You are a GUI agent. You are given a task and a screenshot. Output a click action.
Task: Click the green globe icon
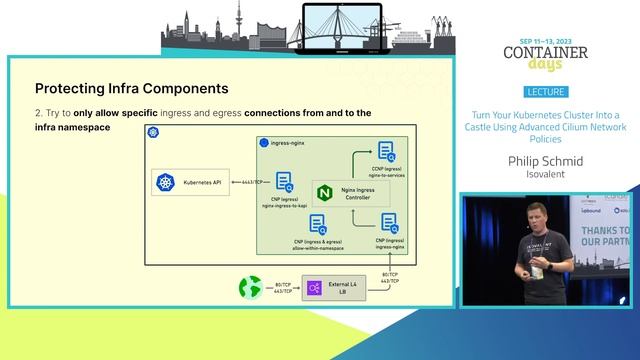(x=249, y=288)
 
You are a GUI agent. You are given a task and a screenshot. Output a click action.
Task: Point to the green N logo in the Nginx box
(x=324, y=191)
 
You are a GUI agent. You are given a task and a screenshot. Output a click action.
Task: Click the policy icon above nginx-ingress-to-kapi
(x=285, y=181)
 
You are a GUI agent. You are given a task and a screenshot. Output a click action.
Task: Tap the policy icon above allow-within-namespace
(x=318, y=224)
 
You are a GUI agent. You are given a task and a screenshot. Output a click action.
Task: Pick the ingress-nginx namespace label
(x=289, y=144)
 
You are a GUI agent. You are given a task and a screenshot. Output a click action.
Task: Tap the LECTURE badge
(x=545, y=91)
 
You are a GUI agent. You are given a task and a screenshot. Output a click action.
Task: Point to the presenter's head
(x=526, y=212)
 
